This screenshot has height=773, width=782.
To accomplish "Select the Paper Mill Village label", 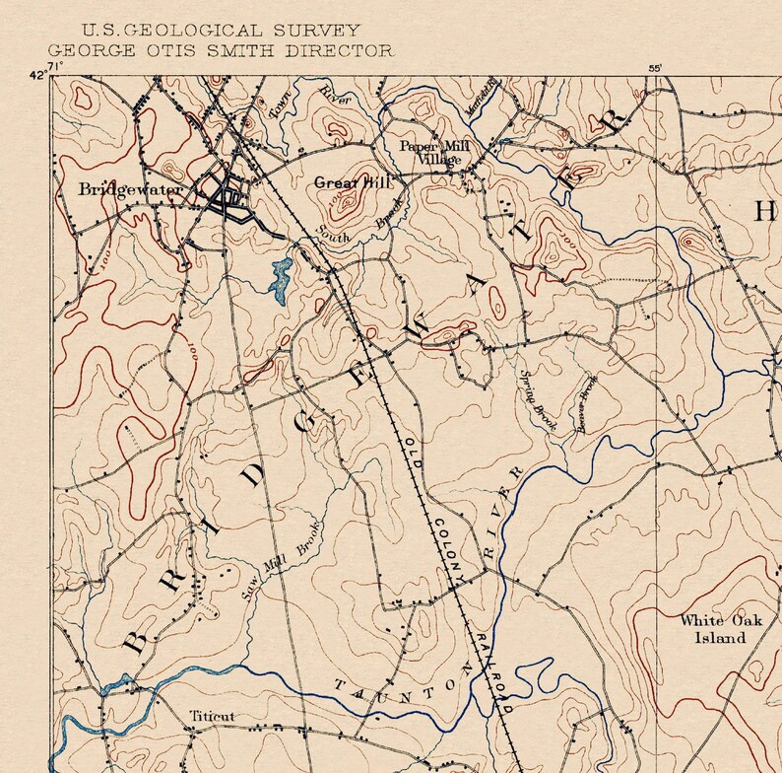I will click(434, 152).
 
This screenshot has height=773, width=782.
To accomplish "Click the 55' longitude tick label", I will click(655, 68).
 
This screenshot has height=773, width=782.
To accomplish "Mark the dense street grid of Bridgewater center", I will click(229, 194).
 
